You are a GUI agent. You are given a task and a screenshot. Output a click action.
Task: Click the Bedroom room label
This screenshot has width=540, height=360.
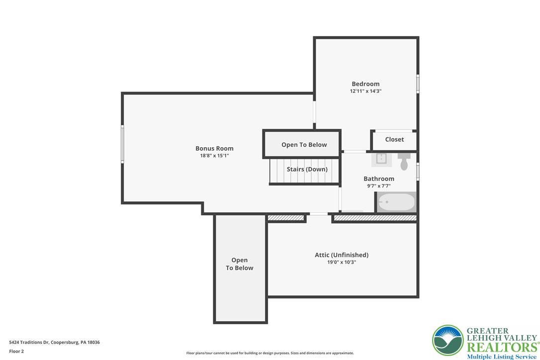(365, 84)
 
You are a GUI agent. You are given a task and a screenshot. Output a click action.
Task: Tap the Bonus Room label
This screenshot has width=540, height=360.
(214, 149)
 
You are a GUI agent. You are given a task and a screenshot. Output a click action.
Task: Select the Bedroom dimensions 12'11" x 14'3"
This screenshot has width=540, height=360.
(365, 91)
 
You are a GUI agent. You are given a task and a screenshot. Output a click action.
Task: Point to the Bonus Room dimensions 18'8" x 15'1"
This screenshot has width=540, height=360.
(214, 156)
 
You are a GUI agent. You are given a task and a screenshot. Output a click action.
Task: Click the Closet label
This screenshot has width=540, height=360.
(394, 140)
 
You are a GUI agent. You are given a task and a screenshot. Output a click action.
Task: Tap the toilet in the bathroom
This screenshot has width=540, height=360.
(404, 161)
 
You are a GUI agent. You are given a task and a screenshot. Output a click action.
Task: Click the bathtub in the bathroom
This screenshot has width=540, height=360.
(396, 202)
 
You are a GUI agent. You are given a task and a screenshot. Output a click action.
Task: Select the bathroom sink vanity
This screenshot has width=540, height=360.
(381, 160)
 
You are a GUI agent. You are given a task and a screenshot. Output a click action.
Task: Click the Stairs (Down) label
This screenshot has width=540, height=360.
(307, 170)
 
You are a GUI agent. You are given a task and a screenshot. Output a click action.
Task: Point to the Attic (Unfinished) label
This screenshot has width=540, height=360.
(341, 255)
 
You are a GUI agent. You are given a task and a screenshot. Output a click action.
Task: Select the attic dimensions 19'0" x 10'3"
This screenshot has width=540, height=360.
(341, 262)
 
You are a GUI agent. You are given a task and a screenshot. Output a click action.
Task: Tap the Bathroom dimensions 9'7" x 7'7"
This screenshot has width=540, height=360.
(379, 186)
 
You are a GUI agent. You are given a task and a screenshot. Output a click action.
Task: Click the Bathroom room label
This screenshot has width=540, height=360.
(379, 179)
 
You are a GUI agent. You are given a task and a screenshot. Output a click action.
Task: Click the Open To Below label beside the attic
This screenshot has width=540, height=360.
(239, 264)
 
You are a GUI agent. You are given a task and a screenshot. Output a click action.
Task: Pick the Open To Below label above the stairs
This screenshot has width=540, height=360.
(304, 145)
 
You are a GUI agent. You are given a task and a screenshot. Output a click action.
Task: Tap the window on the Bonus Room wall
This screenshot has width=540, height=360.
(122, 144)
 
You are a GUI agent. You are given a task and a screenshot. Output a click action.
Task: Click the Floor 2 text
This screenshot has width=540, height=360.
(16, 352)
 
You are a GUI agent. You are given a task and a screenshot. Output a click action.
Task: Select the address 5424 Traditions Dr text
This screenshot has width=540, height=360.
(29, 343)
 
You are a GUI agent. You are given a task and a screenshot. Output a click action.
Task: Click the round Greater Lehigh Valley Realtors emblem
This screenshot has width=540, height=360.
(448, 341)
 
